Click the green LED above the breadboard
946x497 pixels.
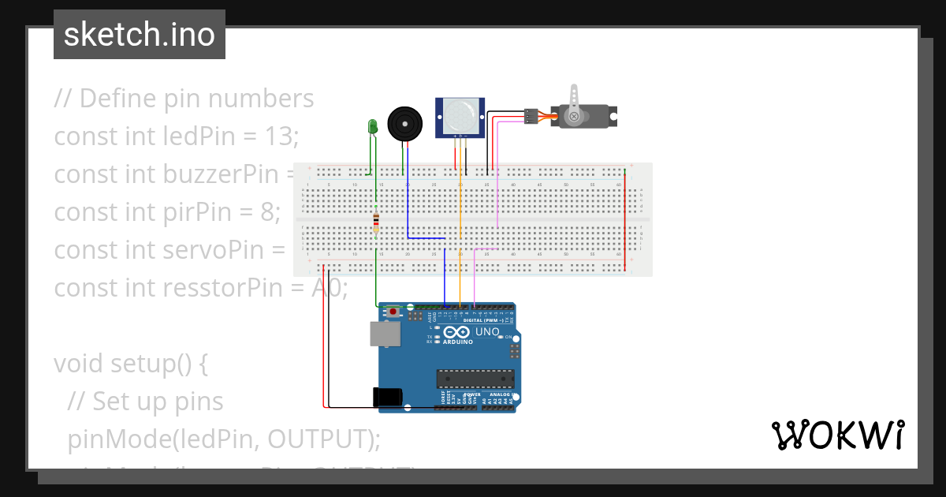(373, 126)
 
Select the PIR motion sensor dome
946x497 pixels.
(460, 116)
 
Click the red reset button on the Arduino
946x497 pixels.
(393, 313)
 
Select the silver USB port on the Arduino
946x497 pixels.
(385, 334)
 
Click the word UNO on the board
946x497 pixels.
(486, 332)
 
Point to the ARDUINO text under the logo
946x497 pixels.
(457, 342)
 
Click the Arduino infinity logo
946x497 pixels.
(457, 332)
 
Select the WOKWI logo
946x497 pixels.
(837, 435)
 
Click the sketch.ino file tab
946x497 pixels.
(140, 35)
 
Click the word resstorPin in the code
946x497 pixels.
(222, 288)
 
